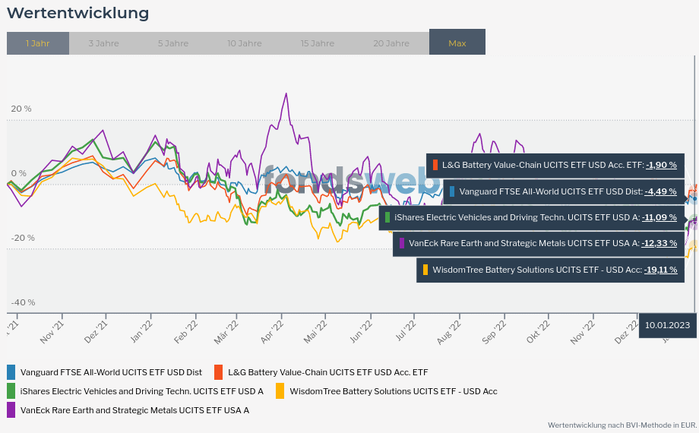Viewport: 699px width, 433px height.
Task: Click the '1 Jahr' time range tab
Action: (x=37, y=43)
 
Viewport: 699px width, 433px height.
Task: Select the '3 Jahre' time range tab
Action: (x=103, y=43)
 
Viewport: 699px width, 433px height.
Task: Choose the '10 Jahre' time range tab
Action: (x=244, y=43)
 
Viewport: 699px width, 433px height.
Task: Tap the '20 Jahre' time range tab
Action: (x=391, y=43)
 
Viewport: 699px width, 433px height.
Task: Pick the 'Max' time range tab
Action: (x=457, y=43)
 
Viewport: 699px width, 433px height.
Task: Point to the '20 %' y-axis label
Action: (x=21, y=109)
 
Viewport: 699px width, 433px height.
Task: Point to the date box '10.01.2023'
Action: (x=667, y=325)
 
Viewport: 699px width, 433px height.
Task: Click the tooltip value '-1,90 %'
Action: (x=661, y=165)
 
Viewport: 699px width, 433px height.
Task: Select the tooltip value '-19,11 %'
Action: (x=660, y=270)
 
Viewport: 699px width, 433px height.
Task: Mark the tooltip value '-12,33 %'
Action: (x=660, y=243)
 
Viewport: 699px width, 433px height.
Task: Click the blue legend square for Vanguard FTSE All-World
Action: (x=11, y=372)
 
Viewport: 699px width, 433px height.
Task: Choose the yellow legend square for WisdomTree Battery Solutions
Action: (x=280, y=391)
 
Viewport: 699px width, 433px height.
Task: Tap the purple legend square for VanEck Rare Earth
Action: (x=11, y=410)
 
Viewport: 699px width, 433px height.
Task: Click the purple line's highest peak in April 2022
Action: (x=286, y=93)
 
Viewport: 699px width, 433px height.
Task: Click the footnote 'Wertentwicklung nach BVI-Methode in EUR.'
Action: (x=622, y=425)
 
